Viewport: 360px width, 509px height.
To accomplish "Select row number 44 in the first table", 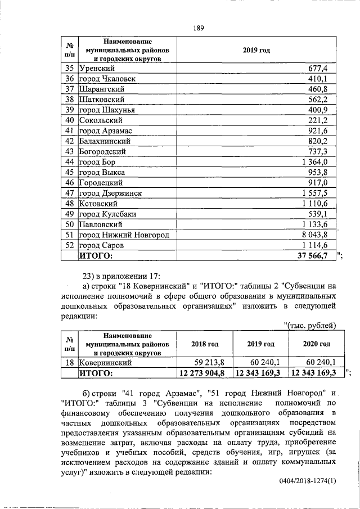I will [70, 162].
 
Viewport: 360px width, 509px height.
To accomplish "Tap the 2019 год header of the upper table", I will [256, 51].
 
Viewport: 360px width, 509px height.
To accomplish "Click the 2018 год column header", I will [204, 344].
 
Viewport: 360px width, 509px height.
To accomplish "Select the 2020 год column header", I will [316, 344].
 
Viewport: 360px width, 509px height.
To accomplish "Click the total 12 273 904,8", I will [202, 373].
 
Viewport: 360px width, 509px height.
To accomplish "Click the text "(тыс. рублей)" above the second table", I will [310, 325].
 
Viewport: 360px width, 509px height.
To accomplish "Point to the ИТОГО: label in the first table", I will [96, 256].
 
